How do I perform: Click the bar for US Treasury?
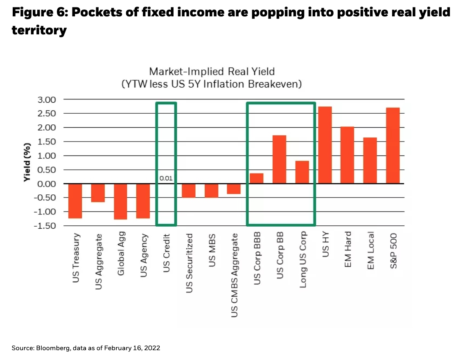pos(75,201)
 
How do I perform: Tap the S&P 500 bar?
pos(393,145)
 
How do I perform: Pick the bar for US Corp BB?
pos(279,159)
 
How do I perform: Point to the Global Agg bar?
pos(120,201)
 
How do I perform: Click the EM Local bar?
pos(370,160)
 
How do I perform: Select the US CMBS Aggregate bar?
pos(234,189)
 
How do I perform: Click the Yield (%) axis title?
pos(27,162)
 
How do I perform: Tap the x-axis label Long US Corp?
pos(303,260)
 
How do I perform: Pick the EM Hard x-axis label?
pos(348,250)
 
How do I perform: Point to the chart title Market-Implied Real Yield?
pos(212,72)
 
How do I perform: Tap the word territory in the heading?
pos(39,30)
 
